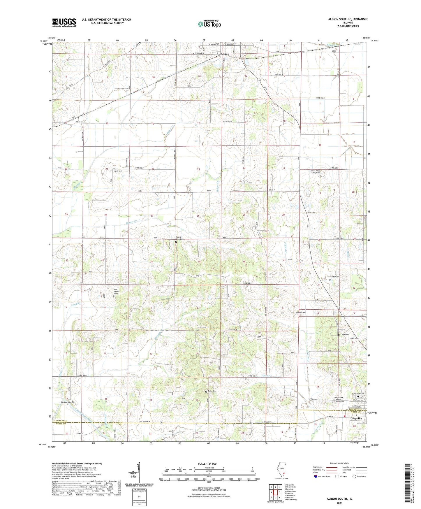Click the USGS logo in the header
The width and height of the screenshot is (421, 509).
coord(64,22)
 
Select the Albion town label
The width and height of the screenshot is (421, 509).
coord(225,54)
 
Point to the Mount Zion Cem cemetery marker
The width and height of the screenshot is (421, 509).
coord(176,242)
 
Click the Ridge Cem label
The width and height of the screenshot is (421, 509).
coord(212,391)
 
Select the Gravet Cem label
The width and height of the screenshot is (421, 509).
coord(311,213)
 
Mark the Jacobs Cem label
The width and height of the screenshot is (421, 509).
coord(334,277)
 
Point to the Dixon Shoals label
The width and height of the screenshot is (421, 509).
coord(67,402)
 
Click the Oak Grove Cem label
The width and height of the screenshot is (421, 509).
coord(358,394)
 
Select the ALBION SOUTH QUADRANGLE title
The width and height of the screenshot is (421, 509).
coord(347,19)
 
